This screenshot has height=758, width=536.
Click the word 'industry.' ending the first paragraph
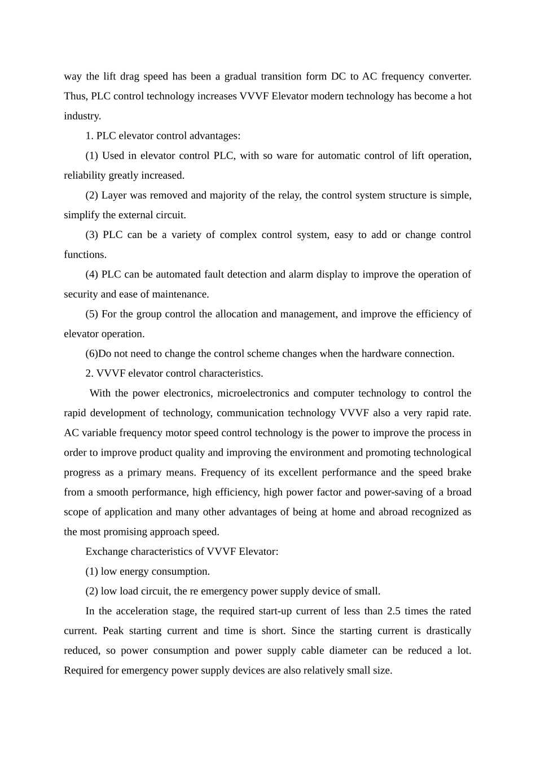tap(82, 116)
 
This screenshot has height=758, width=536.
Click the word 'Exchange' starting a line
tap(106, 552)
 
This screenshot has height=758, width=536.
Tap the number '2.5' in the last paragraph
tap(393, 611)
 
